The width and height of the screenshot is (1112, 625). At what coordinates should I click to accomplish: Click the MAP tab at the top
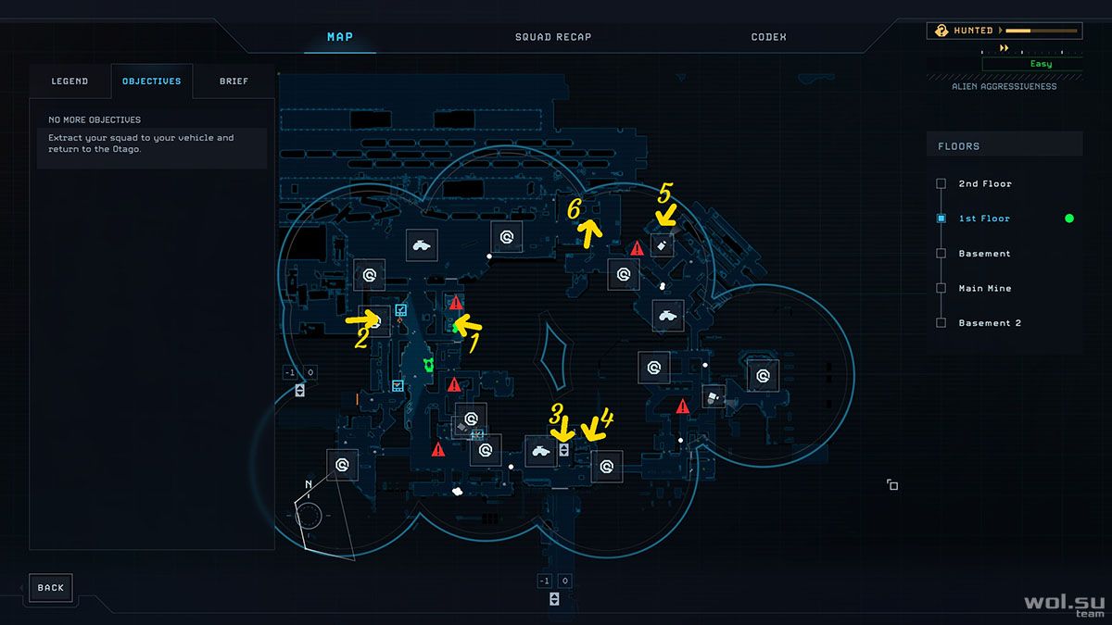coord(340,37)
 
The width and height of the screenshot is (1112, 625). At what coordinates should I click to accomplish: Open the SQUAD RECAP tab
coord(553,37)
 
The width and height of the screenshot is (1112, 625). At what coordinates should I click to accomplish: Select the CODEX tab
coord(768,37)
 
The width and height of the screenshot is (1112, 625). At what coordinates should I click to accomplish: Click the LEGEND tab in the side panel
coord(69,81)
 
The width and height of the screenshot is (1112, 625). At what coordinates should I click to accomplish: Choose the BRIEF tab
coord(234,81)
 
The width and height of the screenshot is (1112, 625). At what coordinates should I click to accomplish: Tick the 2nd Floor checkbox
coord(941,183)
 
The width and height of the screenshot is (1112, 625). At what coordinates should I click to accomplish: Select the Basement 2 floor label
coord(990,323)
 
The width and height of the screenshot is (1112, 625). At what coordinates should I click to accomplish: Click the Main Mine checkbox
coord(941,288)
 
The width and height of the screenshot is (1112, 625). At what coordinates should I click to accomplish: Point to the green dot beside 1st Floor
coord(1069,219)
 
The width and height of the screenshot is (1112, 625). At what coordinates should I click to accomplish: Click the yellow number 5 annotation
coord(665,193)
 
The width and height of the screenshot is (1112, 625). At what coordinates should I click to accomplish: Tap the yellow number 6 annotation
coord(575,209)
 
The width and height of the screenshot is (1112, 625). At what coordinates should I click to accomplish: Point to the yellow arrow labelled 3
coord(562,429)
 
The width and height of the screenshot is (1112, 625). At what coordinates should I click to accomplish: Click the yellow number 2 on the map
coord(362,338)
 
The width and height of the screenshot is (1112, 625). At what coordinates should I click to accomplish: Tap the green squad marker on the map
coord(428,365)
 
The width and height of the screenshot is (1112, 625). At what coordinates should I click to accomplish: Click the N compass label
coord(309,484)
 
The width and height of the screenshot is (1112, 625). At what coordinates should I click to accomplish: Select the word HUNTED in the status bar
coord(973,31)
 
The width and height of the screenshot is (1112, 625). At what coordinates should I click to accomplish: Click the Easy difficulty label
coord(1041,64)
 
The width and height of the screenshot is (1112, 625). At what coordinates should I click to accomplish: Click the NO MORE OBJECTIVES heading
coord(95,119)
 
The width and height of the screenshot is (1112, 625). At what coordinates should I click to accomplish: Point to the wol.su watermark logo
coord(1065,606)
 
